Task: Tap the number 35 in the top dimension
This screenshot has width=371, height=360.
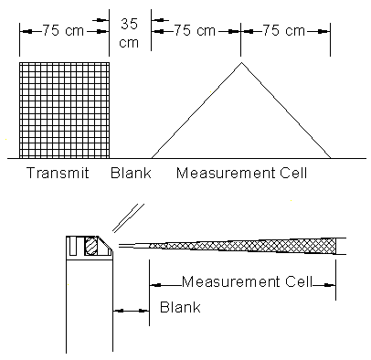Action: (x=130, y=25)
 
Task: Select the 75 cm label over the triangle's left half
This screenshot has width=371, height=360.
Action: (x=195, y=29)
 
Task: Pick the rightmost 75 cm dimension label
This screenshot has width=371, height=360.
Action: (x=282, y=29)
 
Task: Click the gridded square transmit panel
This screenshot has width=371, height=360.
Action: (x=64, y=110)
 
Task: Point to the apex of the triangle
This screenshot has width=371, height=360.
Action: (x=240, y=62)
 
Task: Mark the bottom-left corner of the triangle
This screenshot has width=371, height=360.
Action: (x=152, y=156)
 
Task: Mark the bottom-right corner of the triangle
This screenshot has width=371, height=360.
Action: (x=330, y=156)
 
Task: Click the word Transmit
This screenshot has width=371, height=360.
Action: (x=57, y=173)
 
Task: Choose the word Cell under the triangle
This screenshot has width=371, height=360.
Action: (x=308, y=173)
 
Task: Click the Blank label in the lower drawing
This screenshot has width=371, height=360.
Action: (x=180, y=308)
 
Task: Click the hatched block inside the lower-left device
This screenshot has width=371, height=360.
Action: (x=90, y=246)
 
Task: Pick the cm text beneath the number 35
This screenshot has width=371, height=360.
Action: (x=130, y=41)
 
